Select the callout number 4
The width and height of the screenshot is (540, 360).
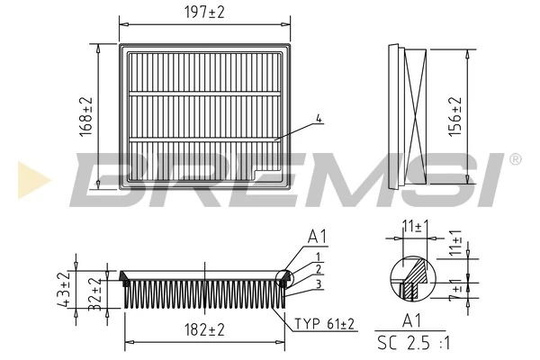tap(319, 118)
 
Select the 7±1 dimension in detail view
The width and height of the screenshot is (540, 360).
tap(455, 291)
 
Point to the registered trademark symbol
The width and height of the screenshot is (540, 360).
tap(515, 159)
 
